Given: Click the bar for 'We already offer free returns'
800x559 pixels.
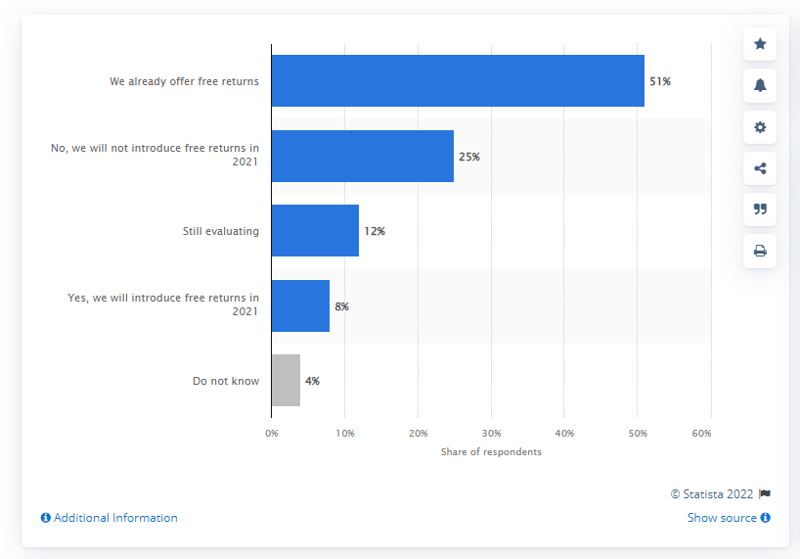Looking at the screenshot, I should (458, 81).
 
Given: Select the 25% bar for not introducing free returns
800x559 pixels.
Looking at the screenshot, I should (363, 157).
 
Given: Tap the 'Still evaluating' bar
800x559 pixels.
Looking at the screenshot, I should (315, 231).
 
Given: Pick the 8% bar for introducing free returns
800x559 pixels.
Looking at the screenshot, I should (300, 306).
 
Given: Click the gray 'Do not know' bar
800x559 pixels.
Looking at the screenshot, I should (286, 381).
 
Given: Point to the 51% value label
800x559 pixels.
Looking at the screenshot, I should (659, 82).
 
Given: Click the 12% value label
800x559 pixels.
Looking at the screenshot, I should (374, 232).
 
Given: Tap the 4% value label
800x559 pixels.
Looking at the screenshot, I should (312, 381).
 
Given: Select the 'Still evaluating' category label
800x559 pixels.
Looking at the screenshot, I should (221, 232).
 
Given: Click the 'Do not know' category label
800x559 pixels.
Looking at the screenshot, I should (226, 381).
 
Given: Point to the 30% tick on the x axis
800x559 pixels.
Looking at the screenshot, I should (491, 432).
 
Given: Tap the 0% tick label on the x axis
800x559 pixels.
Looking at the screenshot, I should (272, 432).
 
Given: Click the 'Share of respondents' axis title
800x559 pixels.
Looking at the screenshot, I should (491, 452).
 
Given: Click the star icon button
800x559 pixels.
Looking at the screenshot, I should (760, 44).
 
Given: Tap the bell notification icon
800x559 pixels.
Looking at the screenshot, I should (760, 85).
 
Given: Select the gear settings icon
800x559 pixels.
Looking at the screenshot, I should (760, 126).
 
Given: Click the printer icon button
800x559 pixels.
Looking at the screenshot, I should (760, 251).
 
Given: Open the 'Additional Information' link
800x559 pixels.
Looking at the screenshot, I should (110, 518).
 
